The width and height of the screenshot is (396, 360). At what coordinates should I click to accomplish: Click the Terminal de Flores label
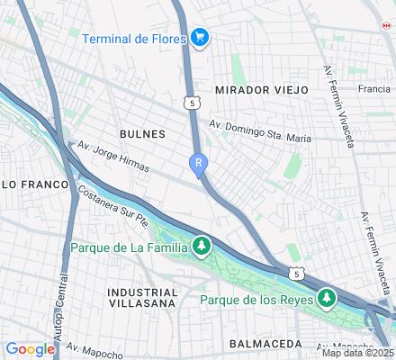[x=134, y=38]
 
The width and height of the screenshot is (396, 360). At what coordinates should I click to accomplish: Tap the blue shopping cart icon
[x=200, y=38]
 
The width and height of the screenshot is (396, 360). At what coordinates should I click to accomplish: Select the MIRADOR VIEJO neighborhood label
[x=261, y=90]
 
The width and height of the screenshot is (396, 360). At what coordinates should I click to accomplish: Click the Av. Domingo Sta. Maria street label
[x=260, y=132]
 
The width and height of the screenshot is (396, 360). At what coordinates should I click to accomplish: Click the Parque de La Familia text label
[x=127, y=244]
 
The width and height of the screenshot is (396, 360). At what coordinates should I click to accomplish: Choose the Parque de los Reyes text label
[x=256, y=299]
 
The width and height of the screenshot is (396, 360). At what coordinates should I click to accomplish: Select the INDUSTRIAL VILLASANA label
[x=142, y=298]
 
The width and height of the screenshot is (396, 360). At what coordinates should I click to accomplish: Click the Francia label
[x=373, y=90]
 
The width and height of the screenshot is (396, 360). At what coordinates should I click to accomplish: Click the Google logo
[x=30, y=349]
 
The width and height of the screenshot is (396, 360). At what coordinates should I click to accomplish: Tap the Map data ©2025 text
[x=358, y=352]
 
